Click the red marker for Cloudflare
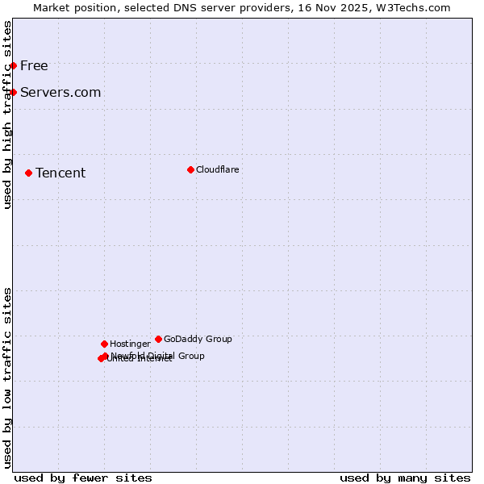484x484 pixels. (x=190, y=169)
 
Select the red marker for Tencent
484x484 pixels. (x=28, y=173)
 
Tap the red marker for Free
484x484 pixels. (x=14, y=65)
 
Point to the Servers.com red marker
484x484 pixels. (x=14, y=92)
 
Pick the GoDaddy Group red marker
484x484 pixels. (x=158, y=339)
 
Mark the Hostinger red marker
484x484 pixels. (x=104, y=344)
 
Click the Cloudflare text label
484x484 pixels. (x=218, y=169)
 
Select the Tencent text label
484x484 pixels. (x=60, y=173)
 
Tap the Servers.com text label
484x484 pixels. (x=60, y=92)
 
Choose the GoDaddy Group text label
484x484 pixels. (x=198, y=339)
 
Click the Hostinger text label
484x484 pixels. (x=130, y=344)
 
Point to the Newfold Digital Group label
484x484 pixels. (x=158, y=355)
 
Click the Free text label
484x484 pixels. (x=34, y=65)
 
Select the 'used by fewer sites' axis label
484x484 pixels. (x=83, y=478)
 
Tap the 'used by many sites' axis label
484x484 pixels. (x=405, y=478)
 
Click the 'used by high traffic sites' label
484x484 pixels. (x=7, y=115)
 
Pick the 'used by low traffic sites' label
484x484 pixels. (x=7, y=378)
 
